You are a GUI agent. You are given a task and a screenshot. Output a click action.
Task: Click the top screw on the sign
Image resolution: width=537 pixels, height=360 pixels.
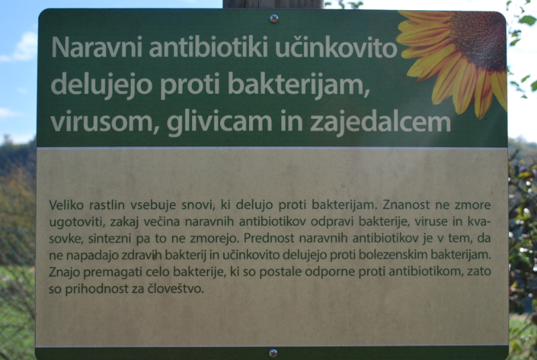[274, 19]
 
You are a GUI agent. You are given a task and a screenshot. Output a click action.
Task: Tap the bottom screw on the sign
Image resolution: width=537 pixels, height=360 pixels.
[273, 353]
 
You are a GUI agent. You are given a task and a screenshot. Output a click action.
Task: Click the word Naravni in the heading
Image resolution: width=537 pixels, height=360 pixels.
[97, 47]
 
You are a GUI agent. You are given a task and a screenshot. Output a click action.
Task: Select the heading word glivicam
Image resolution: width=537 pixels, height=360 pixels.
[219, 123]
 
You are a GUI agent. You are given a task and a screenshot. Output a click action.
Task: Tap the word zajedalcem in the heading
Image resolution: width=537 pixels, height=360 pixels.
[380, 122]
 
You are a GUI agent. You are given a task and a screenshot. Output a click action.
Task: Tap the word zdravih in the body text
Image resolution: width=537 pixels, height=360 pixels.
[142, 255]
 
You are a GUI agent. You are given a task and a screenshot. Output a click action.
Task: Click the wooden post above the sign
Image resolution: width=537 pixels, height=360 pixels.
[273, 4]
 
